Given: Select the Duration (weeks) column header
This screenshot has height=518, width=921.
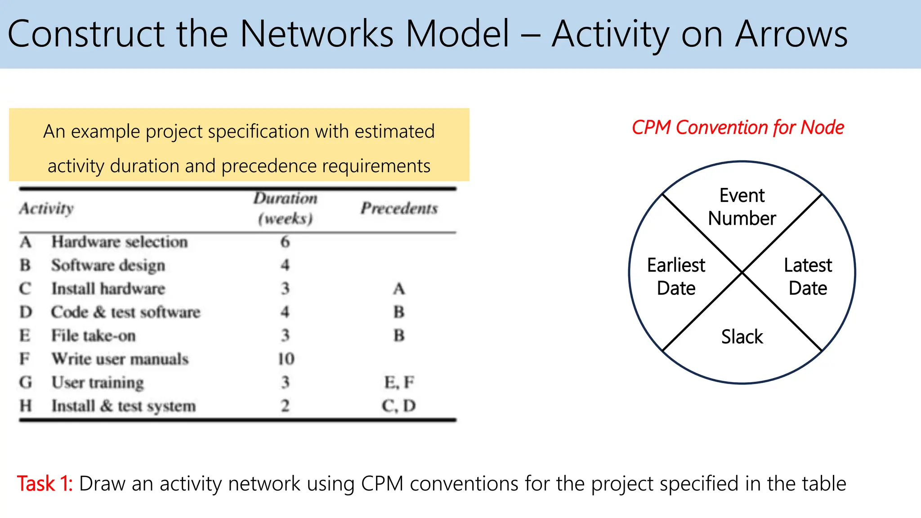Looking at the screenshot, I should pyautogui.click(x=285, y=208).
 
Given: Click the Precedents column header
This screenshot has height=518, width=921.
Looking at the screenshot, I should pyautogui.click(x=399, y=208).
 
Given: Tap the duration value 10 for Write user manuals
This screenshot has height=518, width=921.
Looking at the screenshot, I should pyautogui.click(x=286, y=359).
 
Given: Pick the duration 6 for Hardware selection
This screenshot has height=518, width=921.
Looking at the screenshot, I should pyautogui.click(x=285, y=242).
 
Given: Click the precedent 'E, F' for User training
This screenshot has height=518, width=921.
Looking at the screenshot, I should pyautogui.click(x=399, y=382).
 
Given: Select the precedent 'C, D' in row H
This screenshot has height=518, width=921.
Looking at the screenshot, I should pyautogui.click(x=399, y=406).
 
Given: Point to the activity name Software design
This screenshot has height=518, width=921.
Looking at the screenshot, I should pyautogui.click(x=108, y=265).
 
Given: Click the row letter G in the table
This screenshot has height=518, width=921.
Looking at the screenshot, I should pyautogui.click(x=26, y=382).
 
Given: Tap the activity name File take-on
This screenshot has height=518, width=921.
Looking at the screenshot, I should pyautogui.click(x=93, y=335).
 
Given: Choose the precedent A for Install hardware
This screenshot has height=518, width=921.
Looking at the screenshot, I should pyautogui.click(x=399, y=289).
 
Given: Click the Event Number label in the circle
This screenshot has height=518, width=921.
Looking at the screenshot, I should pyautogui.click(x=742, y=207).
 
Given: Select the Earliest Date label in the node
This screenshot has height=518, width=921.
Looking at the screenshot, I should pyautogui.click(x=676, y=277).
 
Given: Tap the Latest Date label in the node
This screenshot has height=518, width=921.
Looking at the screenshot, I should pyautogui.click(x=808, y=277).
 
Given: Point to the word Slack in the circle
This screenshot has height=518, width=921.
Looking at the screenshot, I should pyautogui.click(x=742, y=337).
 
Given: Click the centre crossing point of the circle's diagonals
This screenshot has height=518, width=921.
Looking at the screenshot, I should pyautogui.click(x=742, y=272).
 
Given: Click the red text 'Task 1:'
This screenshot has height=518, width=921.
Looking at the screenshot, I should pyautogui.click(x=45, y=484).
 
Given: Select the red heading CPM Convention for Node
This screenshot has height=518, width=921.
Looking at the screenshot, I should pyautogui.click(x=738, y=128).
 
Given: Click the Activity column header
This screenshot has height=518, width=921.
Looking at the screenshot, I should pyautogui.click(x=46, y=208).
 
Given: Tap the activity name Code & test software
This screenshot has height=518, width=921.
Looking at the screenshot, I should pyautogui.click(x=125, y=312).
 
